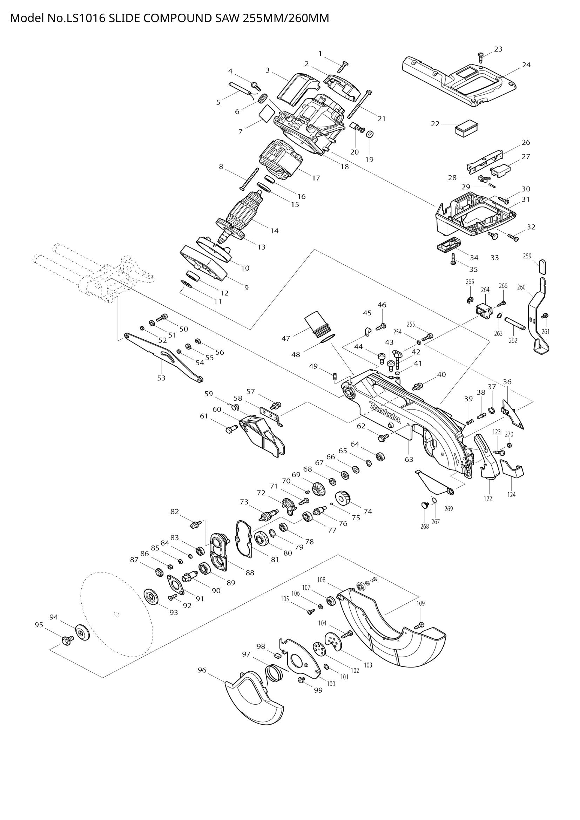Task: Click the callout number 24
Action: pyautogui.click(x=526, y=65)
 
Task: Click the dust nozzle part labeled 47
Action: pyautogui.click(x=317, y=324)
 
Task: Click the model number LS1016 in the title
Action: pyautogui.click(x=85, y=18)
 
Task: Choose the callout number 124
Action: pyautogui.click(x=511, y=495)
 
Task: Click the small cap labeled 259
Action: pyautogui.click(x=542, y=266)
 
